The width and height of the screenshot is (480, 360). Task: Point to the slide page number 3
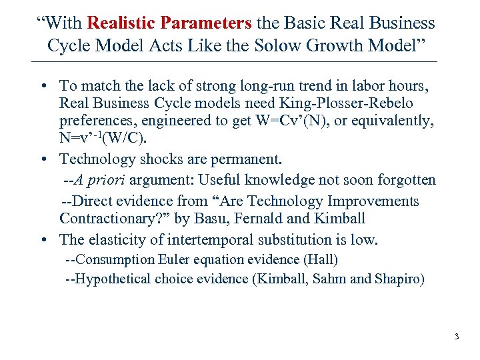click(457, 337)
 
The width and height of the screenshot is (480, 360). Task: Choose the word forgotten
click(405, 180)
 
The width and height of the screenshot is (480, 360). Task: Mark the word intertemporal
click(220, 239)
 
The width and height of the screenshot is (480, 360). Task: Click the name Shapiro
click(397, 279)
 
